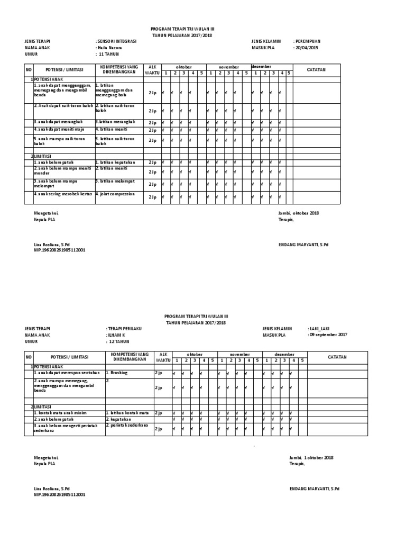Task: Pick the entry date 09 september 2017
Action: (328, 335)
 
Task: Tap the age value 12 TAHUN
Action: (121, 341)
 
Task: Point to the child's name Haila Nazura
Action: (109, 48)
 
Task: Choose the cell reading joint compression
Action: (115, 194)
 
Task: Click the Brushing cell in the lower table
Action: (118, 373)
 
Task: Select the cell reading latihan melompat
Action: (115, 181)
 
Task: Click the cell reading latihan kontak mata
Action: (127, 412)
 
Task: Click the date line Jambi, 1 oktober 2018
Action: (311, 457)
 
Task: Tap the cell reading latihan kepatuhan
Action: (115, 162)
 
